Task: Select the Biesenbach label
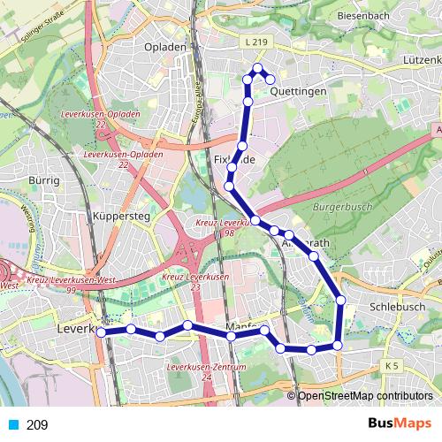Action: pos(363,15)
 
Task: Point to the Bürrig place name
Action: pos(43,180)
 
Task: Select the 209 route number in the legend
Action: pos(37,425)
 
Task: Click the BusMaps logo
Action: pos(395,424)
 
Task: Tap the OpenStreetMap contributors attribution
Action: pos(365,396)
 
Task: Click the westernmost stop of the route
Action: pos(102,333)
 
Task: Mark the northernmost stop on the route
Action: pos(258,68)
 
